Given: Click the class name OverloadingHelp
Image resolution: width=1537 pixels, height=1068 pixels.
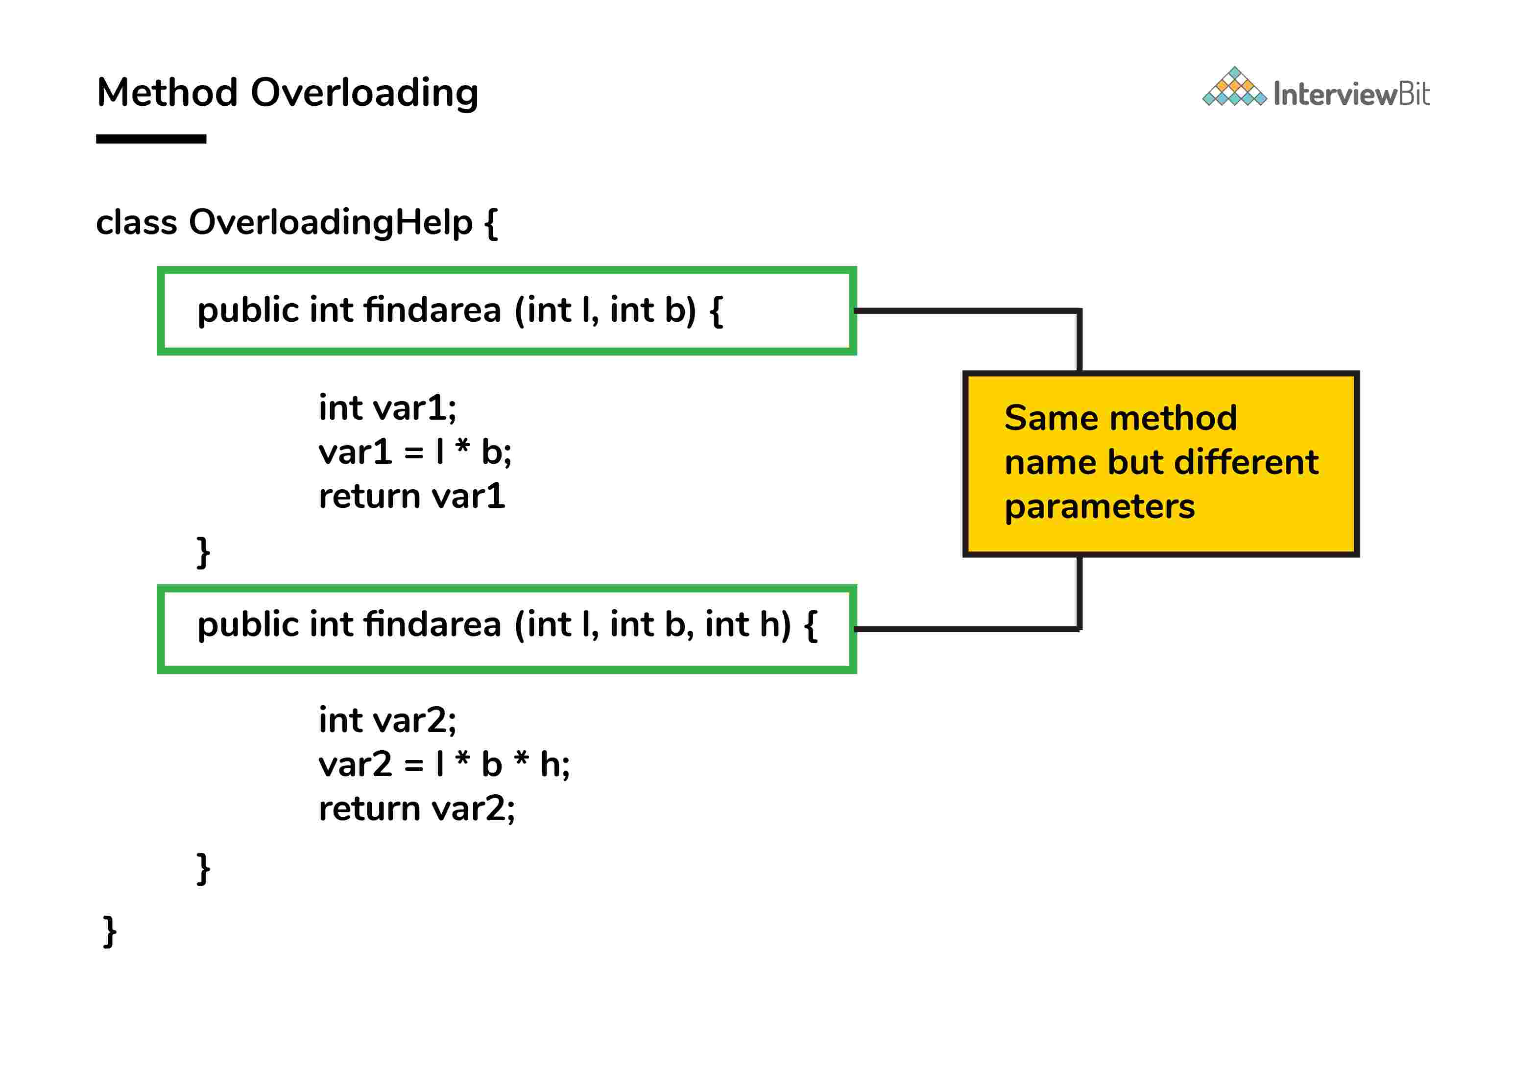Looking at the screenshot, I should coord(331,222).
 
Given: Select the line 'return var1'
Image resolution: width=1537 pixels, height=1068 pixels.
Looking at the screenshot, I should coord(411,497).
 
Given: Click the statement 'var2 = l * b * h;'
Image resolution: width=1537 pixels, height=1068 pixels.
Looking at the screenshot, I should coord(444,764).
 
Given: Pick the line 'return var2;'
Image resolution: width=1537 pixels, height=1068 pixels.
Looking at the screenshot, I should coord(416,808).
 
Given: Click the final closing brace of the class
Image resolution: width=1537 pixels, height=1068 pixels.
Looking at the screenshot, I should coord(110,931).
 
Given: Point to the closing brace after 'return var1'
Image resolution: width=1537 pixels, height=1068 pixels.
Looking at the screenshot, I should coord(203,552).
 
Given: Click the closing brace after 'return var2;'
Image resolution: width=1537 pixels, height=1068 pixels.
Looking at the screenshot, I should coord(203,869).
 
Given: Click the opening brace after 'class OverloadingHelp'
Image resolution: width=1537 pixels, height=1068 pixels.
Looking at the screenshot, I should coord(490,223).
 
